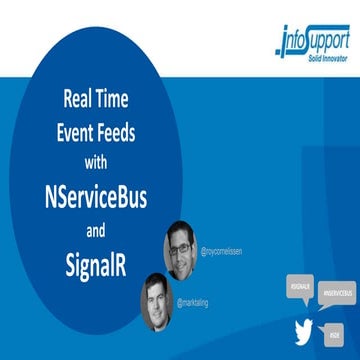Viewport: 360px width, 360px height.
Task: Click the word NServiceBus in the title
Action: click(94, 198)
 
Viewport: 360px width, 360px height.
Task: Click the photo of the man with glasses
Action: click(181, 250)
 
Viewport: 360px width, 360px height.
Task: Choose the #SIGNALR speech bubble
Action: click(300, 289)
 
